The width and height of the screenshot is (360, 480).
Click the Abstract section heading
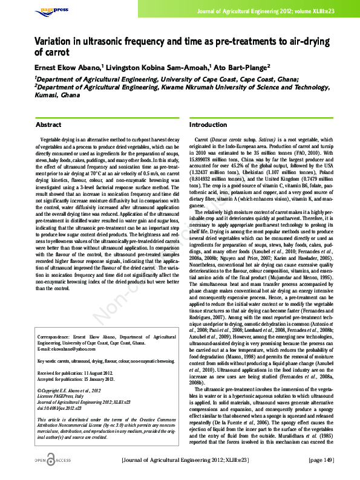[48, 125]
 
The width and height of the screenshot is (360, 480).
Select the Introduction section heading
[208, 125]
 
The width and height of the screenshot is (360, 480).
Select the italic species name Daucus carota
[227, 140]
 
